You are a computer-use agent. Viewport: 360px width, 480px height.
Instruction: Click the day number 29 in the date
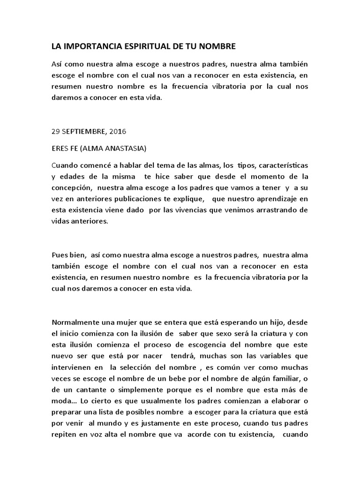click(x=56, y=132)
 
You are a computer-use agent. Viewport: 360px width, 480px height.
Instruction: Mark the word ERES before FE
click(x=60, y=149)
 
